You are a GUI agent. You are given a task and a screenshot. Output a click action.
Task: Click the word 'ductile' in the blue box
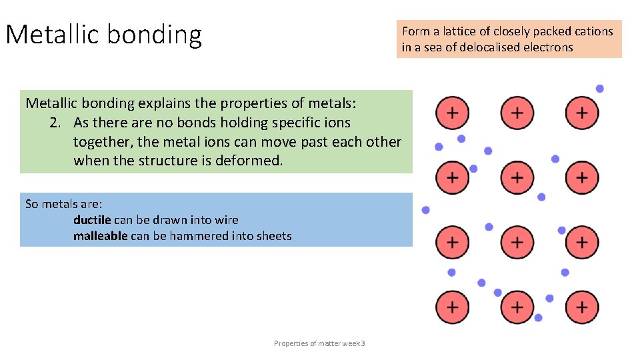pos(92,220)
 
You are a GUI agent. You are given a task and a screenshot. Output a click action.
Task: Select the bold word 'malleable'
pos(100,236)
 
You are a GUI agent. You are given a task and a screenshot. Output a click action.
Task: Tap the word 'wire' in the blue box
pos(227,220)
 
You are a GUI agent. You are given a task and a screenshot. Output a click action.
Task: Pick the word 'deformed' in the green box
pos(249,161)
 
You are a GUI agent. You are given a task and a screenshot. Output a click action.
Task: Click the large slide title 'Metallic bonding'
pos(103,35)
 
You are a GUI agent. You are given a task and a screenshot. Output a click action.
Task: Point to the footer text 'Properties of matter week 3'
pos(319,343)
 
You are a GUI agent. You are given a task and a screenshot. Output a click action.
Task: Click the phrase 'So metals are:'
pos(63,204)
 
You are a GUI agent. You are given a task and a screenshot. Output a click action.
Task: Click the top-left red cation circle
pos(452,113)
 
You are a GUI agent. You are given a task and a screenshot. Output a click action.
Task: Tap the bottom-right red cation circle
pos(582,307)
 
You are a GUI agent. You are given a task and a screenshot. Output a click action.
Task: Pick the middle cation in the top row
pos(517,113)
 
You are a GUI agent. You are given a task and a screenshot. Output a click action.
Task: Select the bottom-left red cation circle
pos(452,307)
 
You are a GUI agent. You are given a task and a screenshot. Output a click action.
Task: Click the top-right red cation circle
pos(582,113)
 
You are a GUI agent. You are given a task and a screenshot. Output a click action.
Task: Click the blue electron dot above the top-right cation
pos(600,89)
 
